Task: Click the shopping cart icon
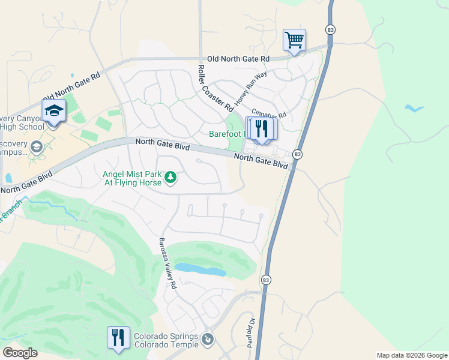point(294,40)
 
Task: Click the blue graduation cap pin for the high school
point(53,111)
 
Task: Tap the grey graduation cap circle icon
point(37,146)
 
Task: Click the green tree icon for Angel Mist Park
point(170,177)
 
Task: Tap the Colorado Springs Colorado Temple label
point(166,340)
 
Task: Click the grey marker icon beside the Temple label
point(207,340)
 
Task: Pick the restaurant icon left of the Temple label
point(118,337)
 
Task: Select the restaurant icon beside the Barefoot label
point(262,129)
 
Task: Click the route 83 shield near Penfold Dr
point(266,280)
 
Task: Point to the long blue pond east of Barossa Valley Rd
point(201,269)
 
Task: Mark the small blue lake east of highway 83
point(413,109)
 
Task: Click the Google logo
point(20,353)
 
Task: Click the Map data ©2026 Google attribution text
point(411,355)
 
